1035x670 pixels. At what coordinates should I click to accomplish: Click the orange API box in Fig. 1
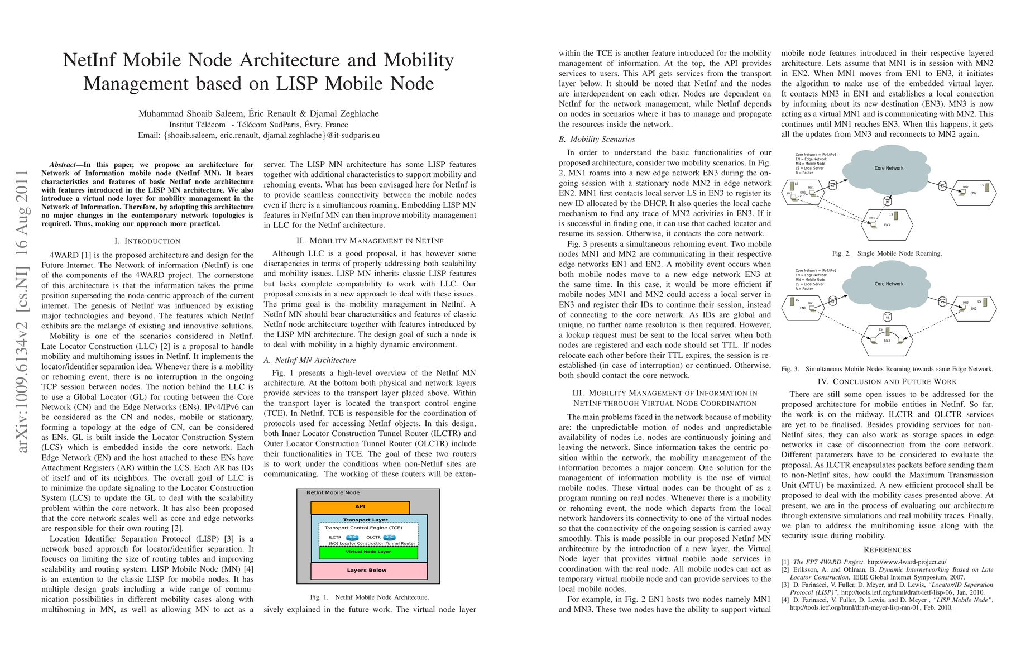360,507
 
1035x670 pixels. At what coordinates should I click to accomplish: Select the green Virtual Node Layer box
368,552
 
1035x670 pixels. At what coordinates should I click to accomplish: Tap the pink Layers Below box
368,571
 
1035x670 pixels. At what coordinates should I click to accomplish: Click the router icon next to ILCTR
352,538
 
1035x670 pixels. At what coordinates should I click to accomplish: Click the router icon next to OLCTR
389,538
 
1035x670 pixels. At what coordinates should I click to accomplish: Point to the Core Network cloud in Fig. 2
888,167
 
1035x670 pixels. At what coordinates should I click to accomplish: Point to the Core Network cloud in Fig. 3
888,284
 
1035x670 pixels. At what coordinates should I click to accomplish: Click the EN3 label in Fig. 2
887,225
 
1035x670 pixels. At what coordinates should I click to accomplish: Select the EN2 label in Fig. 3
973,309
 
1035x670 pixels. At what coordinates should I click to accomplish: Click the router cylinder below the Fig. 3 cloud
887,317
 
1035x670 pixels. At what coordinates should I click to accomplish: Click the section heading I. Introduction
147,241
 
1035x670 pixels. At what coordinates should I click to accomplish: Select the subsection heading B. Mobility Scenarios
597,140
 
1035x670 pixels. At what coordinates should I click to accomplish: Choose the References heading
887,550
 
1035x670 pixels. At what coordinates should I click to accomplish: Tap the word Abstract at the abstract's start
62,165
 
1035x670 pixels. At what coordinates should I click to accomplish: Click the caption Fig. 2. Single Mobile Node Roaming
887,253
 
